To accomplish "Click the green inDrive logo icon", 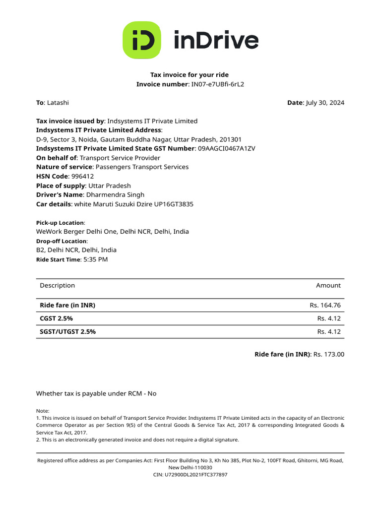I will pyautogui.click(x=141, y=40).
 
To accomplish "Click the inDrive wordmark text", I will pyautogui.click(x=216, y=40).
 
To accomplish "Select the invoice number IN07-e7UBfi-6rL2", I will pyautogui.click(x=218, y=84).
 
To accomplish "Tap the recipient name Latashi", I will pyautogui.click(x=58, y=103).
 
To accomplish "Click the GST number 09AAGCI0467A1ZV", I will pyautogui.click(x=227, y=148).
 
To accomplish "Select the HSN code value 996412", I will pyautogui.click(x=83, y=176).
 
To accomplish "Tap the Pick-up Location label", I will pyautogui.click(x=60, y=223).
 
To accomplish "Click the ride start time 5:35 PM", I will pyautogui.click(x=95, y=259).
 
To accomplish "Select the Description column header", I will pyautogui.click(x=57, y=285).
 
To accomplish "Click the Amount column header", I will pyautogui.click(x=328, y=285).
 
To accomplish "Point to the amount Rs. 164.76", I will pyautogui.click(x=325, y=305).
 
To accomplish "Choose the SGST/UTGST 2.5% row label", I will pyautogui.click(x=67, y=332).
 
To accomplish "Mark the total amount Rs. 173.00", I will pyautogui.click(x=329, y=354).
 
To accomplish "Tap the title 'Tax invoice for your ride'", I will pyautogui.click(x=190, y=75).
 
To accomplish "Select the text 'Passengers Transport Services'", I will pyautogui.click(x=142, y=167).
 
